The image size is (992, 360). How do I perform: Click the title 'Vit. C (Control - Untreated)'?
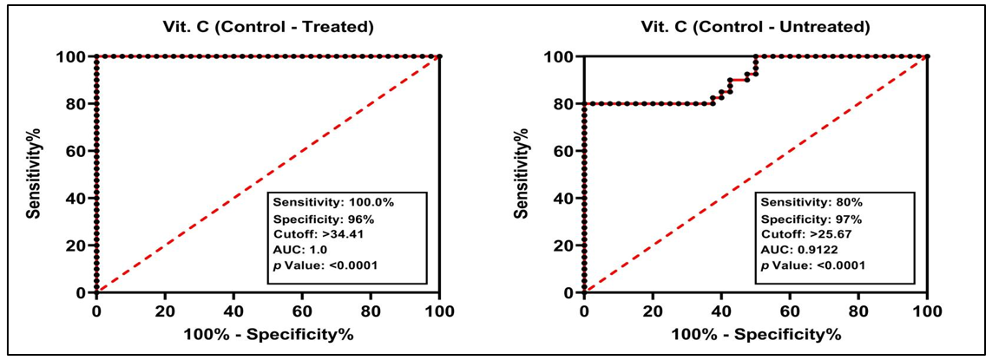756,27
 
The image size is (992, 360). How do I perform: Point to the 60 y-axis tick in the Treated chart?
75,151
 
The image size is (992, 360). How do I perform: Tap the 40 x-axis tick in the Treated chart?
233,309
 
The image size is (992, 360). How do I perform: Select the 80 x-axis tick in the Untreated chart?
858,309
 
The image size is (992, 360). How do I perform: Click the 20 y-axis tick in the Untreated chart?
563,245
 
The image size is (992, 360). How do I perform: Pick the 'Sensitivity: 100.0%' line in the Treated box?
322,201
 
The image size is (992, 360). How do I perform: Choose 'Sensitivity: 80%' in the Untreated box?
800,201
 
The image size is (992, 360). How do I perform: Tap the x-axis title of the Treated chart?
267,334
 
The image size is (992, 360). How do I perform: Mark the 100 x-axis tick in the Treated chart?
439,309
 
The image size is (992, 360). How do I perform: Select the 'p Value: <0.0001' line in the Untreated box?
812,265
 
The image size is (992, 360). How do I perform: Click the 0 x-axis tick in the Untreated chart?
584,309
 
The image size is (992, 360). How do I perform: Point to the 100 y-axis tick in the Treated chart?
71,56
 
